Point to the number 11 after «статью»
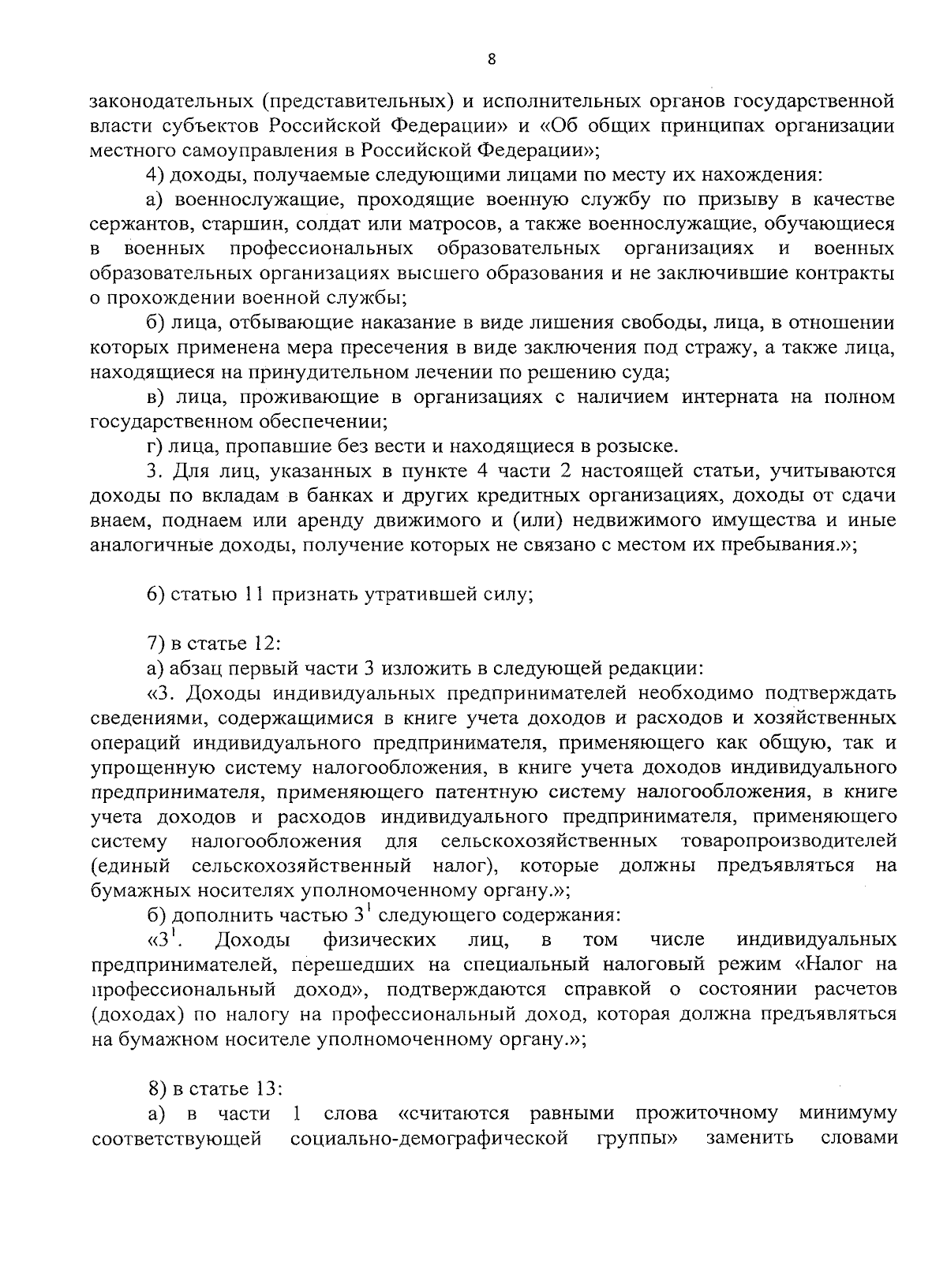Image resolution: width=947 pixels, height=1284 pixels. pos(253,595)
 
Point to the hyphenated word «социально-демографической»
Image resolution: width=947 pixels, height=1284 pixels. pos(430,1139)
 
